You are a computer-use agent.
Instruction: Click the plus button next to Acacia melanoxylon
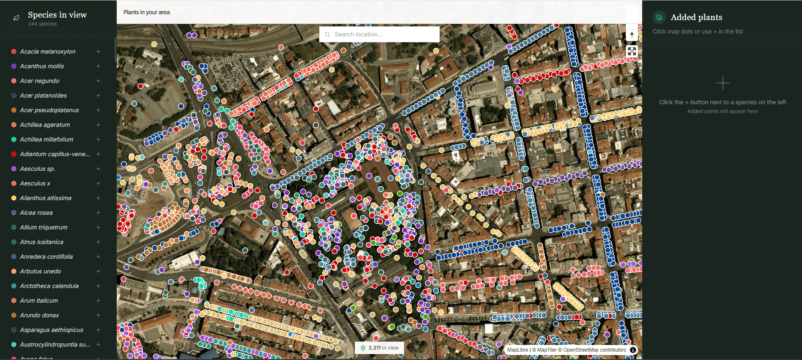tap(98, 51)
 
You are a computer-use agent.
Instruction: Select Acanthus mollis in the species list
tap(42, 66)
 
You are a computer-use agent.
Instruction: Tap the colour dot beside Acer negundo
tap(14, 81)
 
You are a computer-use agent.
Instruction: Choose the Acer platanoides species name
tap(43, 95)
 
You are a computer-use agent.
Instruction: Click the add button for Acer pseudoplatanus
tap(98, 110)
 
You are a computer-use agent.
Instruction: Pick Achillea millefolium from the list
tap(46, 139)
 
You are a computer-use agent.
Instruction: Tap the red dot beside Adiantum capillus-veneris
tap(14, 154)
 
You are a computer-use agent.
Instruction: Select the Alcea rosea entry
tap(36, 213)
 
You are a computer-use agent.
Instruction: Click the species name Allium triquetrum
tap(44, 227)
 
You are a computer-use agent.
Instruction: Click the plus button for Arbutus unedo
tap(98, 271)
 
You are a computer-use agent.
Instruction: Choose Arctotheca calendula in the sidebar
tap(49, 286)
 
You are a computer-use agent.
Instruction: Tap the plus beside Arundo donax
tap(98, 315)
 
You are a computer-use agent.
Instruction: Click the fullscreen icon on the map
tap(632, 51)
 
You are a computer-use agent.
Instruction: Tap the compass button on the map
tap(632, 34)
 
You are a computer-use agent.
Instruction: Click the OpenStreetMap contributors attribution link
tap(594, 350)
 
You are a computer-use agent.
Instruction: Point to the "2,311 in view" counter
tap(380, 348)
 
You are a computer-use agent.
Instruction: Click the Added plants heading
tap(696, 17)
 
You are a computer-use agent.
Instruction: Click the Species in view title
tap(57, 15)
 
